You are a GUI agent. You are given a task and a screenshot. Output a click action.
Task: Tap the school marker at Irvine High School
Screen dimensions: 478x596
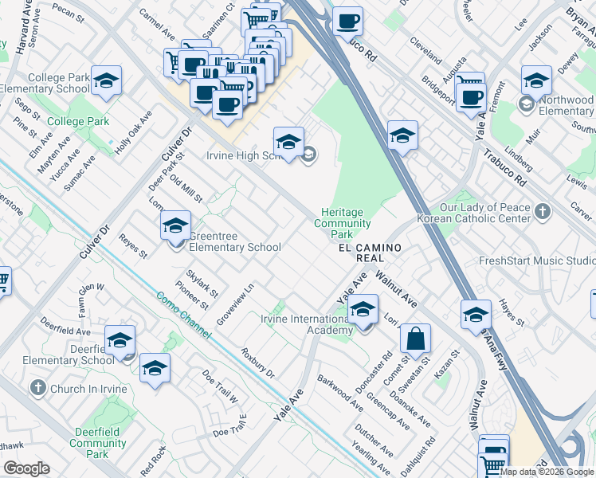pos(288,143)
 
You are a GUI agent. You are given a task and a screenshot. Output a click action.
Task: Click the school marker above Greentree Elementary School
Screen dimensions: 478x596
pos(175,225)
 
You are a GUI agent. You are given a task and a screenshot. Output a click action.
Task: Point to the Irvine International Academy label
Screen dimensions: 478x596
pos(307,325)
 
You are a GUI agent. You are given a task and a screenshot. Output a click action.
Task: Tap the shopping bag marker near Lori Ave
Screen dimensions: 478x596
pos(414,339)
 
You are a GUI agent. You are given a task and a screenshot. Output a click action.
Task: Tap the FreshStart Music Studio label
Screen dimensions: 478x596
pos(536,261)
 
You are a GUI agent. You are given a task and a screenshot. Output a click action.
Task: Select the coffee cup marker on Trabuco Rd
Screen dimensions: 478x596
pos(347,22)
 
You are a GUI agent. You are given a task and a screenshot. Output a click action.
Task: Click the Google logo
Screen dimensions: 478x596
pos(26,468)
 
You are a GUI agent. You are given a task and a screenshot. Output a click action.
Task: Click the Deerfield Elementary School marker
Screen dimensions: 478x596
pos(120,340)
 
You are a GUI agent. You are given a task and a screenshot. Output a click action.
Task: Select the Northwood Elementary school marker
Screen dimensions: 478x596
pos(536,81)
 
